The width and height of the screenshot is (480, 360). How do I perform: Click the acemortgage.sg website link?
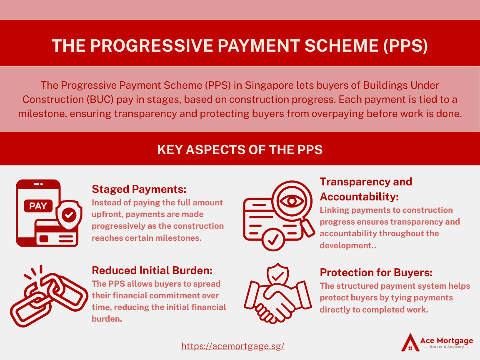[233, 346]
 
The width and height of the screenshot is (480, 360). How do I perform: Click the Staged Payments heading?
[139, 189]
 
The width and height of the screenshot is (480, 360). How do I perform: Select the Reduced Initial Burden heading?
[152, 270]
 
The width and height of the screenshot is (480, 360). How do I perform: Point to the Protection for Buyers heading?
[376, 272]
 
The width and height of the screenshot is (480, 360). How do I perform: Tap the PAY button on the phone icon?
[38, 206]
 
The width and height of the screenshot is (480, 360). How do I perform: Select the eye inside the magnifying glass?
[292, 201]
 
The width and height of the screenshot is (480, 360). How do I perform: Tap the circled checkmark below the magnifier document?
[273, 239]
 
